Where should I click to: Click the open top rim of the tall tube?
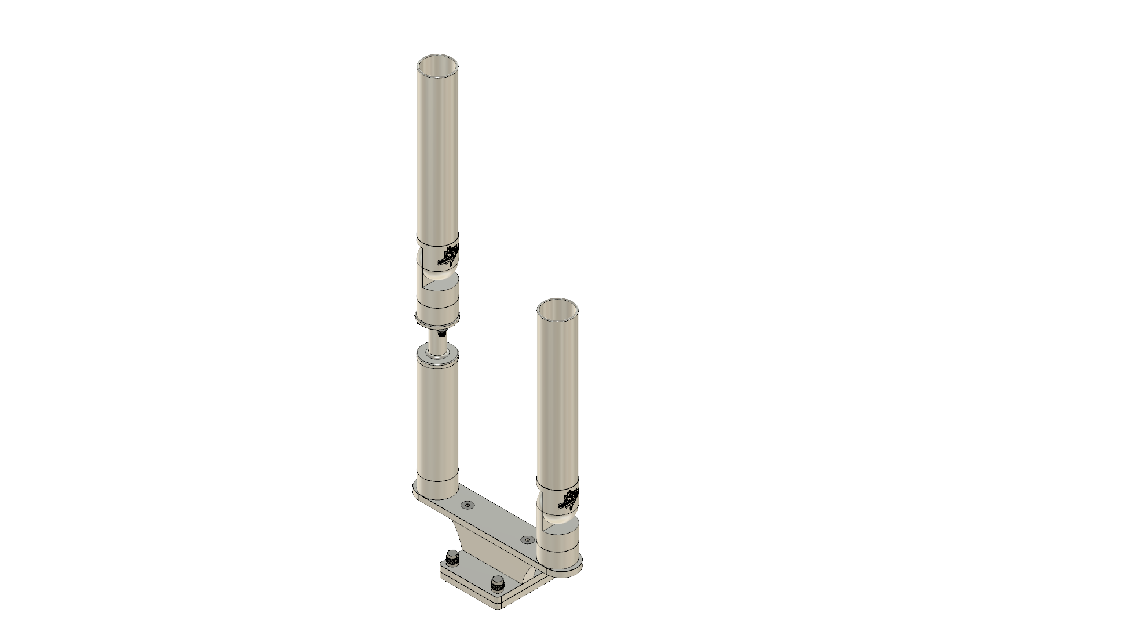tap(437, 57)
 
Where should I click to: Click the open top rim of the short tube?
tap(558, 303)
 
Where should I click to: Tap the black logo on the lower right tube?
tap(570, 499)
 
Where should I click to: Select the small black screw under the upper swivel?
tap(443, 334)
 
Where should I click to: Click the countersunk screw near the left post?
tap(466, 506)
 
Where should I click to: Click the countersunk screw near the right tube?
tap(526, 539)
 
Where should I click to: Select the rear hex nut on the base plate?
tap(452, 559)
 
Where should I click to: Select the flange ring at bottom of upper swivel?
tap(437, 320)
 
